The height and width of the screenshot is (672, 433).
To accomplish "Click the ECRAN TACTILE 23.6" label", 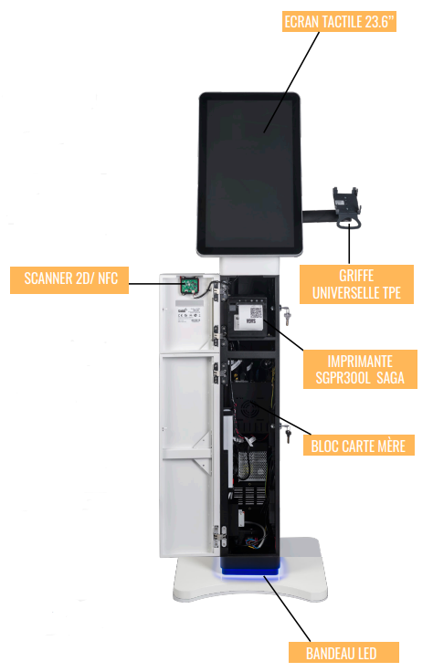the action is click(x=339, y=21).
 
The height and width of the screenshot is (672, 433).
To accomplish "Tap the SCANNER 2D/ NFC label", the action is click(x=69, y=280).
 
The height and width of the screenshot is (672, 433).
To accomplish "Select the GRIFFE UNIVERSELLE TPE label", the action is click(x=356, y=284).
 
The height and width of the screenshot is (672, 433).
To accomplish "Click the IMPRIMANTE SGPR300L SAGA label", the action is click(x=360, y=370).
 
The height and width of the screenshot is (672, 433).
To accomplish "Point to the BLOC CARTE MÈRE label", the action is click(x=358, y=446).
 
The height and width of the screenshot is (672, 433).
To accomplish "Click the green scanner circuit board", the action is click(x=189, y=286).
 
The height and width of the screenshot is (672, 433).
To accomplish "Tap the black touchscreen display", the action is click(x=250, y=174).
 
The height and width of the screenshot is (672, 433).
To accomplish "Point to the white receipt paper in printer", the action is click(x=250, y=317).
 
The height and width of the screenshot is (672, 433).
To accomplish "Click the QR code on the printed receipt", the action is click(x=256, y=312).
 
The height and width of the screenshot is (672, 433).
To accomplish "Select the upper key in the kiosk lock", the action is click(x=285, y=313).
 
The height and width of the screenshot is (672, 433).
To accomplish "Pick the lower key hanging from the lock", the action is click(x=286, y=433).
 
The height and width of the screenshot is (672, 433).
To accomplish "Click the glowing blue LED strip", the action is click(x=250, y=571).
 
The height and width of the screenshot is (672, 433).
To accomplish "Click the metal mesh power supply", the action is click(x=252, y=465).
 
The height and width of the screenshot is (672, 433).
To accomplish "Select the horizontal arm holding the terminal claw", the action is click(x=318, y=215).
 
